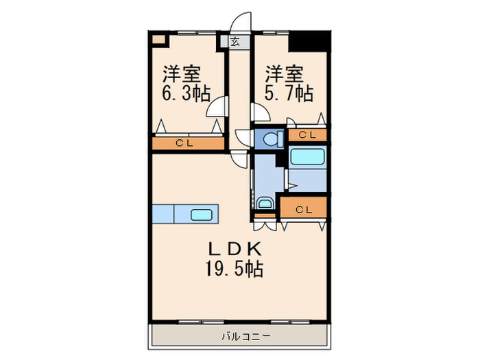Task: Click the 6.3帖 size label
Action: [x=186, y=94]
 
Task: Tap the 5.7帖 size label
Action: [x=288, y=94]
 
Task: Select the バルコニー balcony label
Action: [x=245, y=336]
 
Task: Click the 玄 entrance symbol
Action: [x=235, y=41]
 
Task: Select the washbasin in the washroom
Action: [x=264, y=204]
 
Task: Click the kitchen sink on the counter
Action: [x=201, y=214]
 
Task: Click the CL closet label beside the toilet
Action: [x=307, y=135]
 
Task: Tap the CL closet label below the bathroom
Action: [x=304, y=209]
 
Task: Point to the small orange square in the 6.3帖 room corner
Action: [x=159, y=39]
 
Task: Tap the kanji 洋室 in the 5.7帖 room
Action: [x=283, y=73]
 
